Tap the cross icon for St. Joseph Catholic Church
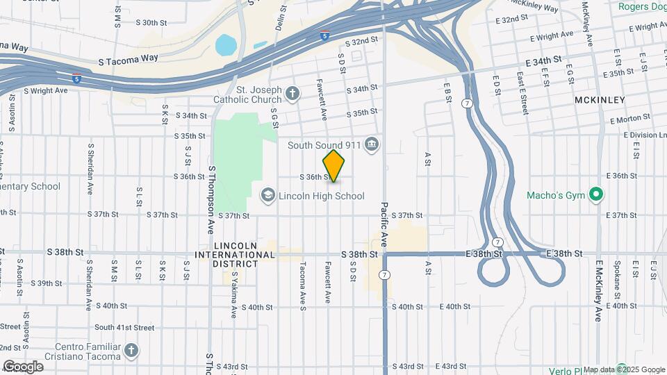click(x=293, y=93)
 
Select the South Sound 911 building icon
click(x=372, y=144)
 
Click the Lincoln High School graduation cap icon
click(x=267, y=195)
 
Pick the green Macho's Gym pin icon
click(x=595, y=194)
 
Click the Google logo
click(x=23, y=367)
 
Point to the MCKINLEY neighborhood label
click(x=600, y=100)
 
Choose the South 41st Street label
click(x=124, y=327)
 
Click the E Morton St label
click(x=631, y=119)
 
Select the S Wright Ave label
click(x=45, y=90)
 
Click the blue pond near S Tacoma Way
click(x=225, y=45)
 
